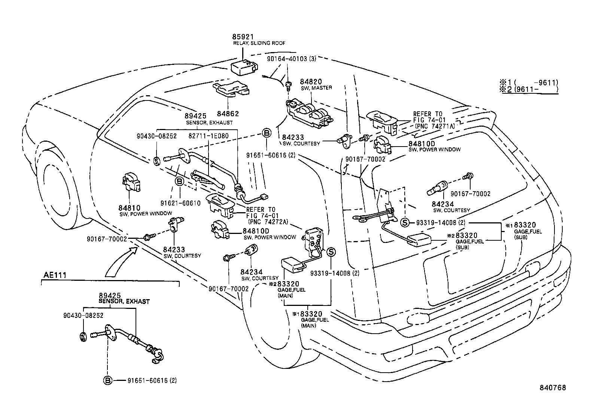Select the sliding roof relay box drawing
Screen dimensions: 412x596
coord(245,67)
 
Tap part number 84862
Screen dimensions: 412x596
coord(229,114)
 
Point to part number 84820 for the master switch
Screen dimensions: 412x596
coord(311,82)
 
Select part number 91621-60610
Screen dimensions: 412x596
coord(180,203)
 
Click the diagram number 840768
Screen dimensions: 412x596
coord(552,388)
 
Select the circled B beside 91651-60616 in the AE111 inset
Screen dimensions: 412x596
coord(108,381)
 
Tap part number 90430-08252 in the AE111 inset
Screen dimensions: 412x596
coord(83,316)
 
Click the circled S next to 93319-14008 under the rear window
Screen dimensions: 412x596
coord(405,222)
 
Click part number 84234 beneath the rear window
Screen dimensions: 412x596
coord(443,204)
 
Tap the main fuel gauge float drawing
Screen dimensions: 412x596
coord(292,264)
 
